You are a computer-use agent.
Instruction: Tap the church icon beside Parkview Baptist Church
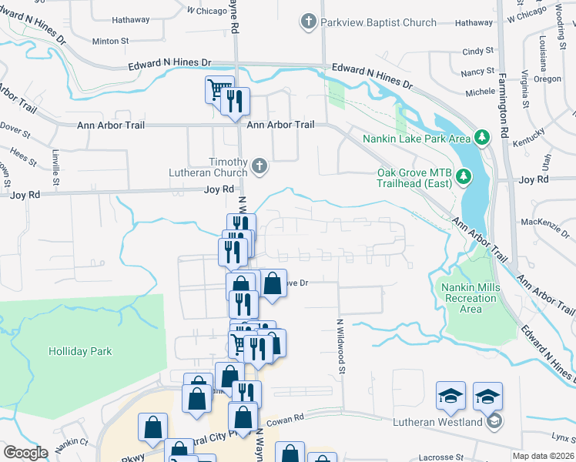click(309, 22)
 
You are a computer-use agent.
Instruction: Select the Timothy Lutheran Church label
click(208, 167)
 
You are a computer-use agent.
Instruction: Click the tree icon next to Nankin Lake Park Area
click(482, 138)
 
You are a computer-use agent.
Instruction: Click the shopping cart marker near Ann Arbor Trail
click(219, 90)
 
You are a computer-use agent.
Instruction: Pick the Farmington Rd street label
click(504, 101)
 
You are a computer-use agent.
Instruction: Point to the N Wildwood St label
click(340, 348)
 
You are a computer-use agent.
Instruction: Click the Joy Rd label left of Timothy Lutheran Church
click(219, 189)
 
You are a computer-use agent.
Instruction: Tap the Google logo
click(25, 452)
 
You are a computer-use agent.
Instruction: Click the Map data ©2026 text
click(543, 456)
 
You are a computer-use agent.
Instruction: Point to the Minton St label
click(111, 40)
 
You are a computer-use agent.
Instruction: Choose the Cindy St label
click(478, 51)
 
